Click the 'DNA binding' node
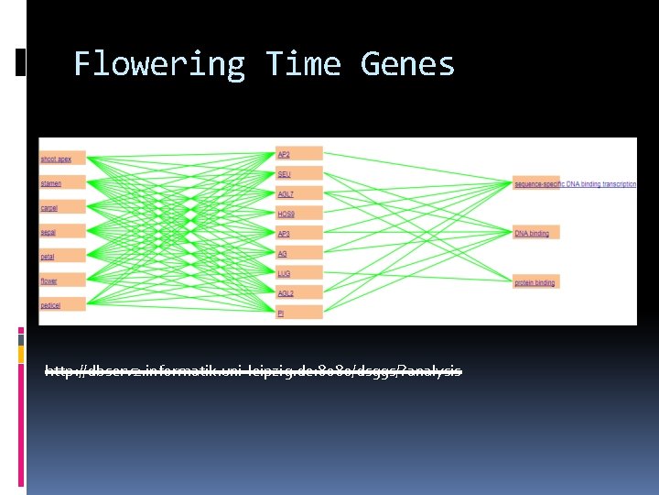535,233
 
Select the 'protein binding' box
535,282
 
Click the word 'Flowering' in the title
159,65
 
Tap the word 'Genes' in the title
407,65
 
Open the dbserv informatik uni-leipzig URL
254,371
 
